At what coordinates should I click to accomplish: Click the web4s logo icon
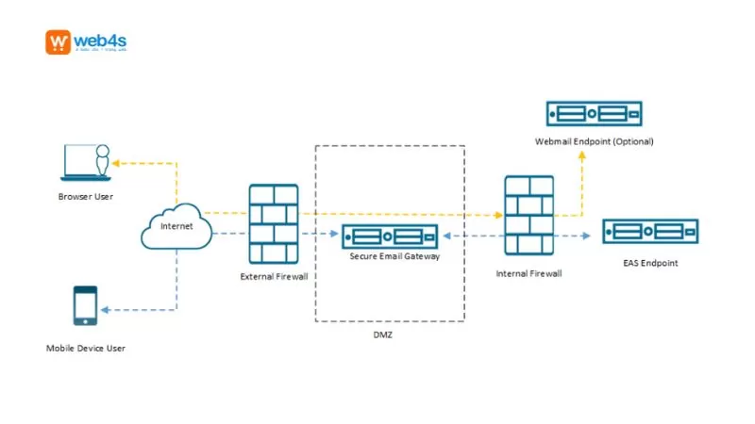(x=58, y=43)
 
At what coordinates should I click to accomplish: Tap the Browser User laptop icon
(x=85, y=162)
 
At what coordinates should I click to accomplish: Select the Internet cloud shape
(x=176, y=227)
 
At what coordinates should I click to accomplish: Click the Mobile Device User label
(x=86, y=349)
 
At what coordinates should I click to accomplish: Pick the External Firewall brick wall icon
(x=274, y=223)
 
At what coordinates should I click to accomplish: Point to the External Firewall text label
(x=274, y=277)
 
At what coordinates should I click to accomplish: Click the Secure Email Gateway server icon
(x=390, y=236)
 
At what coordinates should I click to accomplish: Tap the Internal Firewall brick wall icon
(x=529, y=215)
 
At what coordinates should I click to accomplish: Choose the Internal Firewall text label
(x=529, y=273)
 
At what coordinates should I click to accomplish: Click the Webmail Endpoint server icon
(x=594, y=114)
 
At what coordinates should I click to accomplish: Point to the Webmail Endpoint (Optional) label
(x=594, y=141)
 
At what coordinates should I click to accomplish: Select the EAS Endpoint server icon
(x=650, y=232)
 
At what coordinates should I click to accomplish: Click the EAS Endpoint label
(x=651, y=263)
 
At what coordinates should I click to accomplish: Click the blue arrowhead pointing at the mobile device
(x=106, y=309)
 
